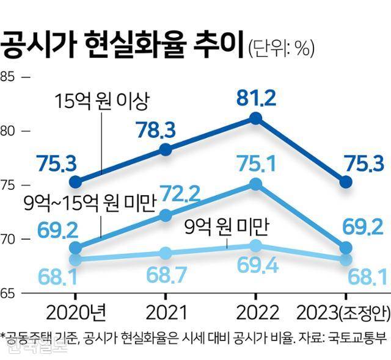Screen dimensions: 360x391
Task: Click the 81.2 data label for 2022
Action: (x=257, y=96)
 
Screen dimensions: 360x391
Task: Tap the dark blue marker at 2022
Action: (x=257, y=118)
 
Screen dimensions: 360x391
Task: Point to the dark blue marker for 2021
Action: (x=166, y=150)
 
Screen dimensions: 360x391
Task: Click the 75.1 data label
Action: (x=257, y=163)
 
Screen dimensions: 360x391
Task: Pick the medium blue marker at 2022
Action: (x=257, y=184)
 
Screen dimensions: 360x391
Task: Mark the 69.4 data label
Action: (x=257, y=267)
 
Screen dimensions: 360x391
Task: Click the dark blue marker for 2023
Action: (x=346, y=182)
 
